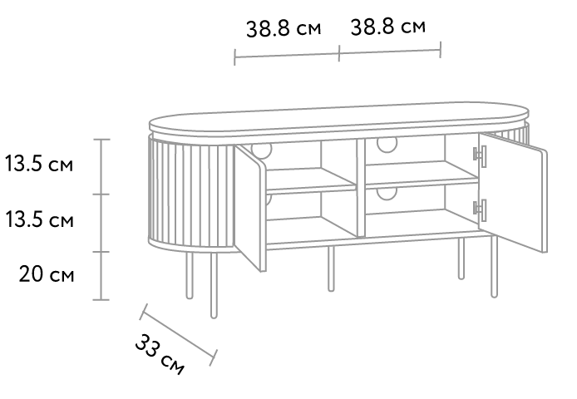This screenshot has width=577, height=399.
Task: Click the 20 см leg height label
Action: [x=47, y=274]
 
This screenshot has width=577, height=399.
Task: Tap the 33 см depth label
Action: [x=160, y=354]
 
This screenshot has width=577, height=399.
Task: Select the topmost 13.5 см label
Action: [x=39, y=164]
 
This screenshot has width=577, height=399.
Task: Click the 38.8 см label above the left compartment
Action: [x=284, y=28]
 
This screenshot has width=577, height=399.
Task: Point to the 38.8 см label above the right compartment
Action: [x=388, y=27]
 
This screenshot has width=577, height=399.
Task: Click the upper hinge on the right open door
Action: [x=481, y=155]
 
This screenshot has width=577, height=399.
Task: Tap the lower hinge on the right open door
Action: [x=481, y=210]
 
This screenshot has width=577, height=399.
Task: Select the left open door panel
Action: [x=250, y=208]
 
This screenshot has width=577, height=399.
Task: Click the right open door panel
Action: [x=513, y=192]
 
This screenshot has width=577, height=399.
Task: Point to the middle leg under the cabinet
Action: [x=331, y=268]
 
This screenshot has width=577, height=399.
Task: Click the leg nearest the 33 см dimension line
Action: [x=214, y=285]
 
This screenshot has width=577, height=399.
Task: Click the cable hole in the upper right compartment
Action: [x=387, y=145]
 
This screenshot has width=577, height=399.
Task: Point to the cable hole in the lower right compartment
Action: [x=387, y=194]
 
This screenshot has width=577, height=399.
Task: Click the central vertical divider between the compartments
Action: [x=361, y=188]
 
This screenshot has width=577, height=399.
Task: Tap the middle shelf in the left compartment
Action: [x=311, y=180]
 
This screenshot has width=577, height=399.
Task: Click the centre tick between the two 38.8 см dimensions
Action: [x=339, y=53]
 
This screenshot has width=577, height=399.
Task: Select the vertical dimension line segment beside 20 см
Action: [x=101, y=276]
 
